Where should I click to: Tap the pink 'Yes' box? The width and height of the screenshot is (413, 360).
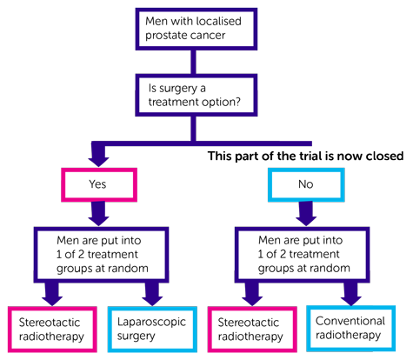98,184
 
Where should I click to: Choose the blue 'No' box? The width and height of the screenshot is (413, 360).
306,184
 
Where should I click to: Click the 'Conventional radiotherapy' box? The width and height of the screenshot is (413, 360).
350,328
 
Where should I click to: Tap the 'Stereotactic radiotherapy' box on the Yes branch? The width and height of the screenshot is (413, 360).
50,329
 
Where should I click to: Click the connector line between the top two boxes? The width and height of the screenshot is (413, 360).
194,62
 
